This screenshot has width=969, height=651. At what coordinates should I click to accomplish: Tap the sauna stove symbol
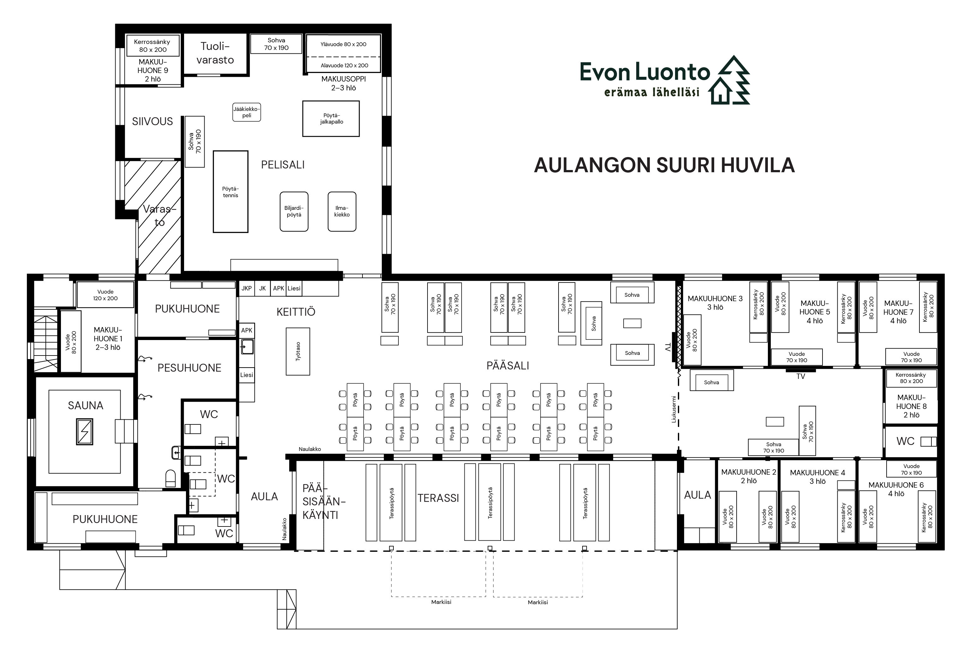[85, 432]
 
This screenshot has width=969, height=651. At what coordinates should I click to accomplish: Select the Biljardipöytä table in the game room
[294, 211]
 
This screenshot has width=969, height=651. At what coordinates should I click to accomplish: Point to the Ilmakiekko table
[342, 211]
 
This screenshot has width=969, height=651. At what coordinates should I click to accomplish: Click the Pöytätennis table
[230, 192]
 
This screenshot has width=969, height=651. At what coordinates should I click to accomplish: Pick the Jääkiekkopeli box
[247, 112]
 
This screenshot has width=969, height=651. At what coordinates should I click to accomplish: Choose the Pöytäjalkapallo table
[331, 119]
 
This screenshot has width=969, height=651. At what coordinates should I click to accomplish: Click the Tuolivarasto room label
[215, 53]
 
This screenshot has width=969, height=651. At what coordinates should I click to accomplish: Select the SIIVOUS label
[152, 121]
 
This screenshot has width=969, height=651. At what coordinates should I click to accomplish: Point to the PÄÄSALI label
[508, 366]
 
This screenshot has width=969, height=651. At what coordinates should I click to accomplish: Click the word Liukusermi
[674, 409]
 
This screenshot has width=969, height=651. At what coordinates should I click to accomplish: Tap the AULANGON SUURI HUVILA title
[664, 165]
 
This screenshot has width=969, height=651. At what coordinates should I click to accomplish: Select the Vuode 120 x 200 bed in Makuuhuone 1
[105, 295]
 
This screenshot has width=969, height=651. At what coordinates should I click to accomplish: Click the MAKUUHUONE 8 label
[911, 406]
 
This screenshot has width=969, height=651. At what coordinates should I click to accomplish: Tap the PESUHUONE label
[189, 368]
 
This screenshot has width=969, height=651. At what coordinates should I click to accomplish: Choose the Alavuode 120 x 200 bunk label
[344, 65]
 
